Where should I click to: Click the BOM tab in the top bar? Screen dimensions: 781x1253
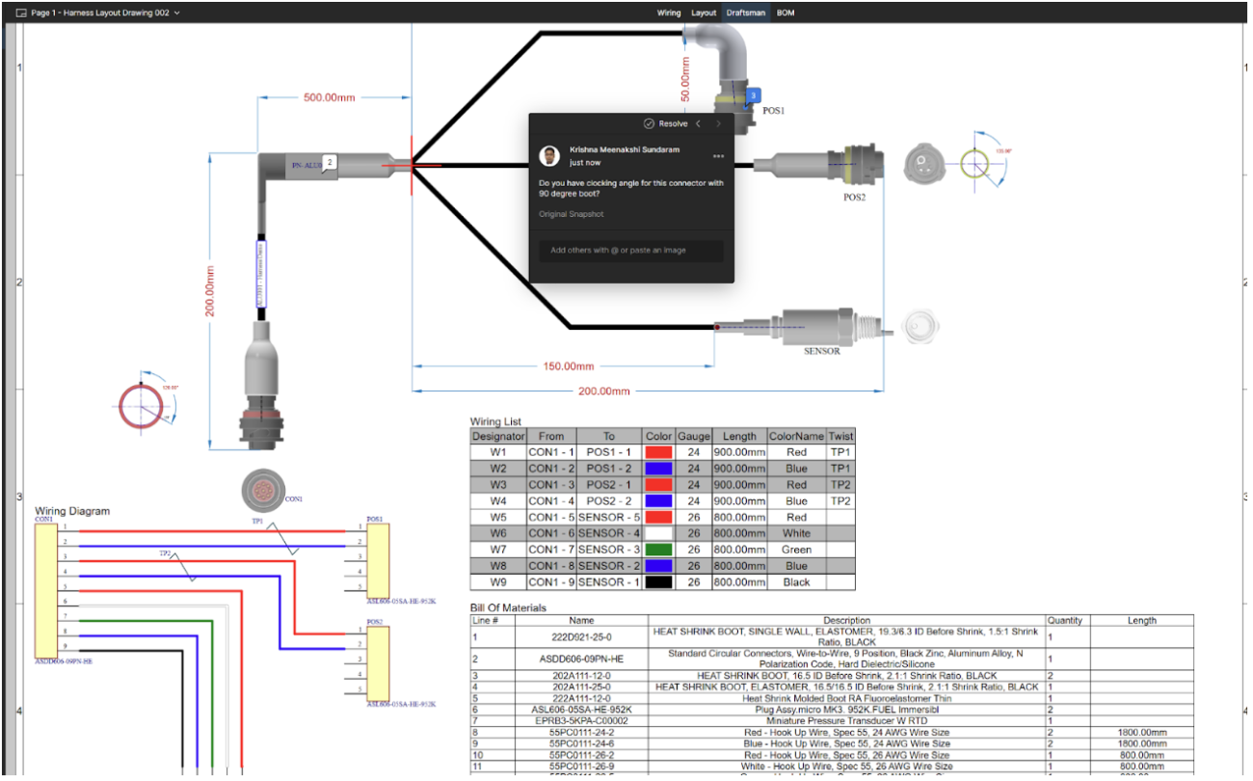point(786,13)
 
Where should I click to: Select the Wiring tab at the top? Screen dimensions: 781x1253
point(669,13)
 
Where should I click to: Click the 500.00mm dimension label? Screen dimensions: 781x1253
point(329,98)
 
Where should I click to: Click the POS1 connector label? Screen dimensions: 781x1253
point(773,111)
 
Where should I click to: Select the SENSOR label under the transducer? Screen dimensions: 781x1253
point(822,351)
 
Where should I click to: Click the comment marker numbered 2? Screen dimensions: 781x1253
point(330,163)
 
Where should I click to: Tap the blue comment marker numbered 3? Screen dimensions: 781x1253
point(754,95)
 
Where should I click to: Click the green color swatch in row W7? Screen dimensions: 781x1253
point(658,550)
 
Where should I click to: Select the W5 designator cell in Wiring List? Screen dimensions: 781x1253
point(497,517)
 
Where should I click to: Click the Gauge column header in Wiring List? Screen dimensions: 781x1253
point(693,436)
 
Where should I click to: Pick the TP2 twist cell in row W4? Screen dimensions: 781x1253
point(840,500)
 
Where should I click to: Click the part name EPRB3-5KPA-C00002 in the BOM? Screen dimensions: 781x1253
point(581,720)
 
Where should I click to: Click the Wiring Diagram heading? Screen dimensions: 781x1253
point(72,511)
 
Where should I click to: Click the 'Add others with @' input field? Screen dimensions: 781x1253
point(630,251)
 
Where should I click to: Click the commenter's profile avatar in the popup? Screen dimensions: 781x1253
point(549,155)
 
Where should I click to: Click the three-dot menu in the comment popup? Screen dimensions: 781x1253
point(718,156)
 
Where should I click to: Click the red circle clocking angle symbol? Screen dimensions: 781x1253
point(142,403)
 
